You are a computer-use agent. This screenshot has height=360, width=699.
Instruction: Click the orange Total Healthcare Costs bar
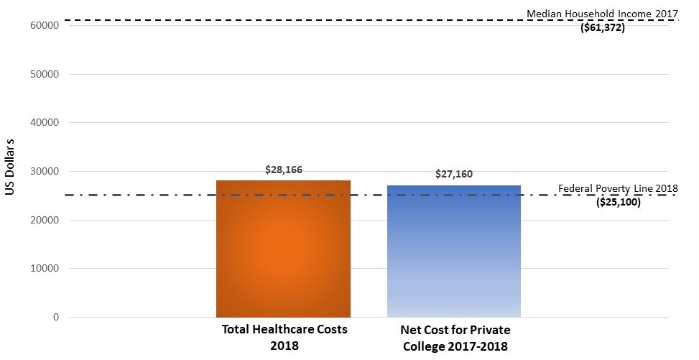click(283, 249)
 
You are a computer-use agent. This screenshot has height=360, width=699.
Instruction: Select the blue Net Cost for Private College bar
click(453, 251)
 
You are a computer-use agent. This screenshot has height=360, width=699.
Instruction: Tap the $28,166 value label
click(283, 170)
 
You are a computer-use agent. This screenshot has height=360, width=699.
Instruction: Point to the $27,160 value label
click(453, 175)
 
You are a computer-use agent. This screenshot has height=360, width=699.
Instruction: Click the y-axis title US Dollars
click(10, 170)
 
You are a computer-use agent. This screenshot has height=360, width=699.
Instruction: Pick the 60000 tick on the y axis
click(44, 25)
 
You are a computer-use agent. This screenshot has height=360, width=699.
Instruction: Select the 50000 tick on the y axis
click(44, 74)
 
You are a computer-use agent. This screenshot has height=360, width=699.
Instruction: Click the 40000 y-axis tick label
click(44, 123)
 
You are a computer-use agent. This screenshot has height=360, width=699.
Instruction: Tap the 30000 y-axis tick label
click(44, 172)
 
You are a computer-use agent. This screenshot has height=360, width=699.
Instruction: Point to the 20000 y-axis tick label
click(44, 220)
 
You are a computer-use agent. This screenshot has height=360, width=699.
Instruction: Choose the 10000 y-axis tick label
click(44, 269)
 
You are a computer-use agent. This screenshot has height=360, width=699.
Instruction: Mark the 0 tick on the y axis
click(55, 318)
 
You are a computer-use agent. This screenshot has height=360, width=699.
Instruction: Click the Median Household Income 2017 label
click(602, 14)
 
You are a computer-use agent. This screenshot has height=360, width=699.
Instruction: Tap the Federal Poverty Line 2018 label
click(618, 189)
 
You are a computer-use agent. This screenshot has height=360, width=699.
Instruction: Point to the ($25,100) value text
click(619, 203)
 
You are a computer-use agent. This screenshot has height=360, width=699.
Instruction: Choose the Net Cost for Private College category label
click(453, 337)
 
